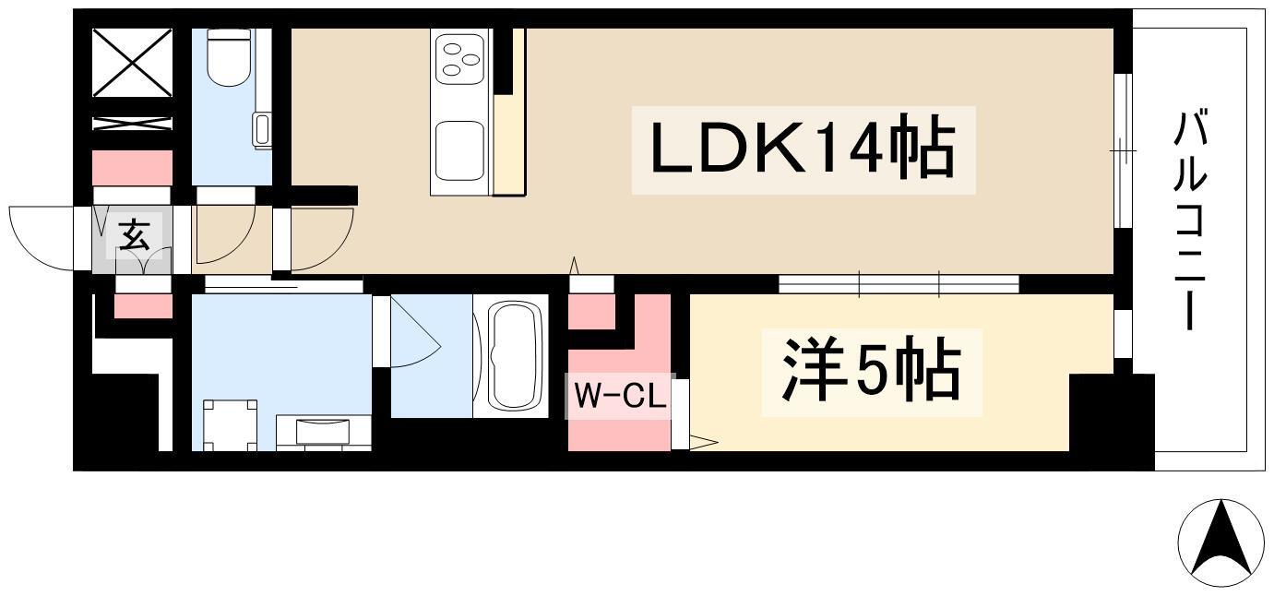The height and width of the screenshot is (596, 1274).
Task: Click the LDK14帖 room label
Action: click(803, 149)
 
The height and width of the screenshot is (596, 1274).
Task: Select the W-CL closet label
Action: click(619, 396)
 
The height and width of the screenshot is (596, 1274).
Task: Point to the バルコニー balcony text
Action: click(1190, 220)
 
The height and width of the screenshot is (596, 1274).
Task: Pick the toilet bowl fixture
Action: click(229, 57)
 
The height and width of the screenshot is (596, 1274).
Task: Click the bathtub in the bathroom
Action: click(511, 355)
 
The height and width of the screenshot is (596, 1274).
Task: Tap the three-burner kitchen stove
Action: click(458, 58)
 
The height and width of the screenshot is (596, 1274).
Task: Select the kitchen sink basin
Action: click(459, 149)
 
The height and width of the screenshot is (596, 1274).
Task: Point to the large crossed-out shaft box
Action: click(132, 63)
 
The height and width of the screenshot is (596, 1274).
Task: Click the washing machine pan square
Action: click(230, 425)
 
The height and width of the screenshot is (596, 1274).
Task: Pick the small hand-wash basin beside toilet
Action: click(262, 130)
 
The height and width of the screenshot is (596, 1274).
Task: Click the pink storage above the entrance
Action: click(133, 168)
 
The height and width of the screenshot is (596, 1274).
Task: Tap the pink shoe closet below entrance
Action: click(143, 306)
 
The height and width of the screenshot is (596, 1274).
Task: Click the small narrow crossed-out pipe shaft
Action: click(132, 124)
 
